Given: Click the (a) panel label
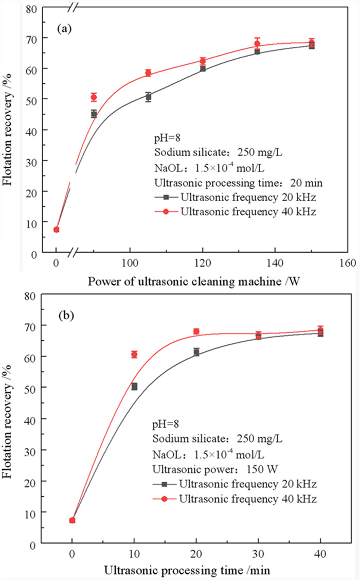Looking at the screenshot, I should (64, 29).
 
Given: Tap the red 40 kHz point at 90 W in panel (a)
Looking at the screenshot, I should (94, 97).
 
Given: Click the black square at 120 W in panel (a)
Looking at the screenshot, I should (203, 68).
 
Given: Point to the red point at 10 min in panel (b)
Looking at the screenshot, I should (134, 354).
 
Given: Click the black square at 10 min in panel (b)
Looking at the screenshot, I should (134, 386).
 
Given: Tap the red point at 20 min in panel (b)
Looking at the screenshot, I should (196, 331).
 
